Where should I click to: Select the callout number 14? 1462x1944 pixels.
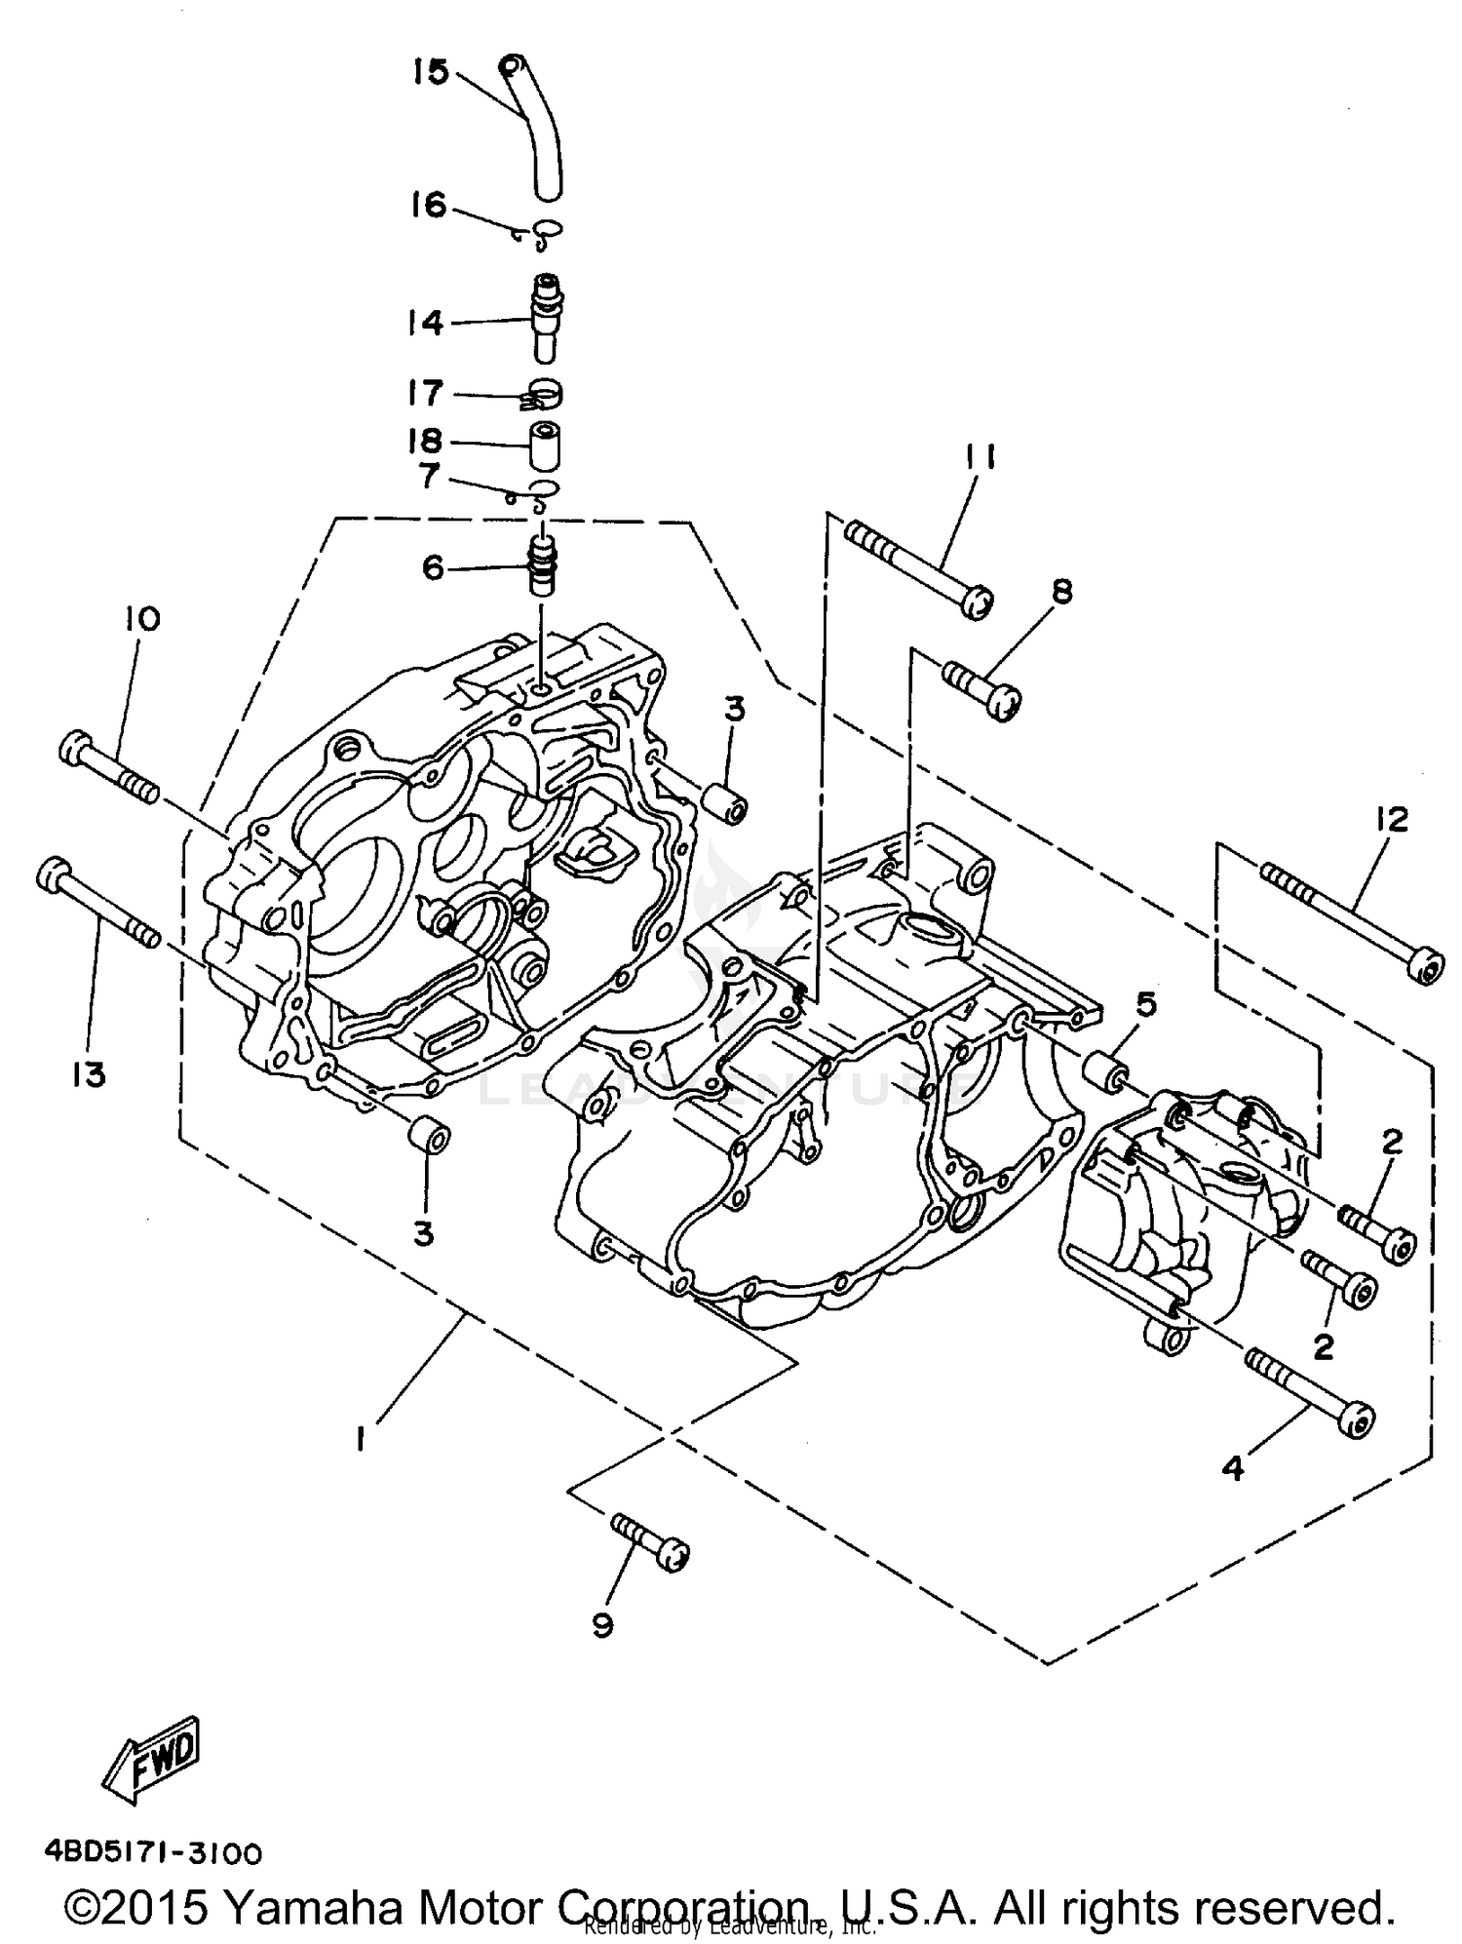(425, 323)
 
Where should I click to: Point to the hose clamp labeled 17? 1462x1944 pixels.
(543, 395)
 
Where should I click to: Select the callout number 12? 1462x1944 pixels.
(1392, 820)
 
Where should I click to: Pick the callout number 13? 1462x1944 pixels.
(88, 1075)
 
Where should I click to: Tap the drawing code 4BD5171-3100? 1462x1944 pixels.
(152, 1852)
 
